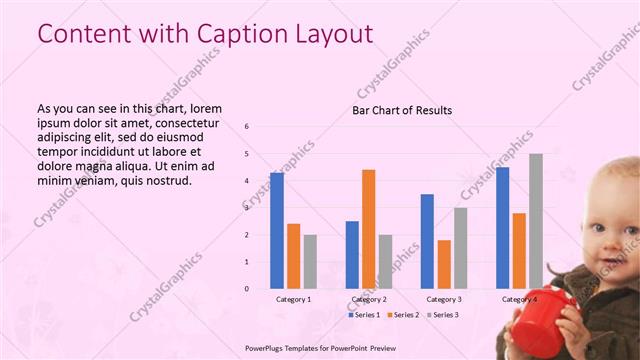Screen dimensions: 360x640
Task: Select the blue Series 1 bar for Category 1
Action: click(277, 230)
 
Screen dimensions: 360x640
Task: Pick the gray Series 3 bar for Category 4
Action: click(536, 221)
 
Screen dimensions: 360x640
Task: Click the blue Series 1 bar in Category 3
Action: click(427, 241)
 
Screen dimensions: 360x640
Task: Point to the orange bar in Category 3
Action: click(444, 264)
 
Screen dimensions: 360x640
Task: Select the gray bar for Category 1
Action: click(310, 261)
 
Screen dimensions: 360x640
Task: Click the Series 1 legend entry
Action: click(364, 315)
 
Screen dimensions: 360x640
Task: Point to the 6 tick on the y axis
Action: click(247, 127)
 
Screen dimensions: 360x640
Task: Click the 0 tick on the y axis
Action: click(247, 289)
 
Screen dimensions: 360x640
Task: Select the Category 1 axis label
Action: click(293, 299)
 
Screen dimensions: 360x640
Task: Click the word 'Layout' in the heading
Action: click(330, 33)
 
